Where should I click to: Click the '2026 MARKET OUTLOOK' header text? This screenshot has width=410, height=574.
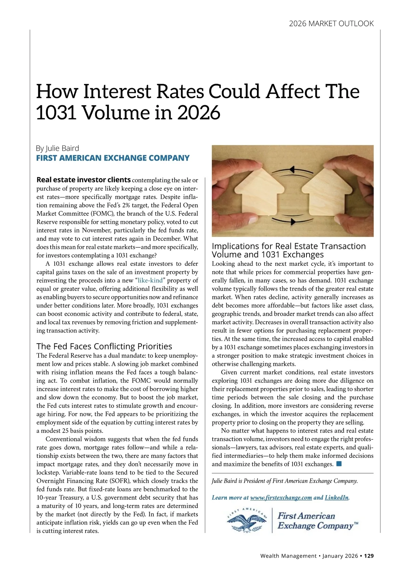[331, 24]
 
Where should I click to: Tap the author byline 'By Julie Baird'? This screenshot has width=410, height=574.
[57, 148]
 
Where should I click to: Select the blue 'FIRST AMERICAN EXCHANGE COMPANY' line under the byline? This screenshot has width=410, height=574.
[113, 158]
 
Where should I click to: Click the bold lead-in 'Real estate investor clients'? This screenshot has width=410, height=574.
[83, 180]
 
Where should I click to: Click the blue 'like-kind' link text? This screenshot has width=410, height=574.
[150, 281]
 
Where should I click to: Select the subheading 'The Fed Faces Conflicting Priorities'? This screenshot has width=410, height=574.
[104, 346]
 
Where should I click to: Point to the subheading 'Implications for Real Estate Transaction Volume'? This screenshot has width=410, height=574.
[289, 250]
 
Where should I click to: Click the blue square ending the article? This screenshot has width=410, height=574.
[339, 464]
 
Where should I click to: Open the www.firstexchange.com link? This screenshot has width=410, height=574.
[281, 497]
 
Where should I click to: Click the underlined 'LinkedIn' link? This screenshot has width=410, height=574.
[337, 497]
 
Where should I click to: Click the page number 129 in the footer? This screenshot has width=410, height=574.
[369, 556]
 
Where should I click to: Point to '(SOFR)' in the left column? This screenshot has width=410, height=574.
[116, 481]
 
